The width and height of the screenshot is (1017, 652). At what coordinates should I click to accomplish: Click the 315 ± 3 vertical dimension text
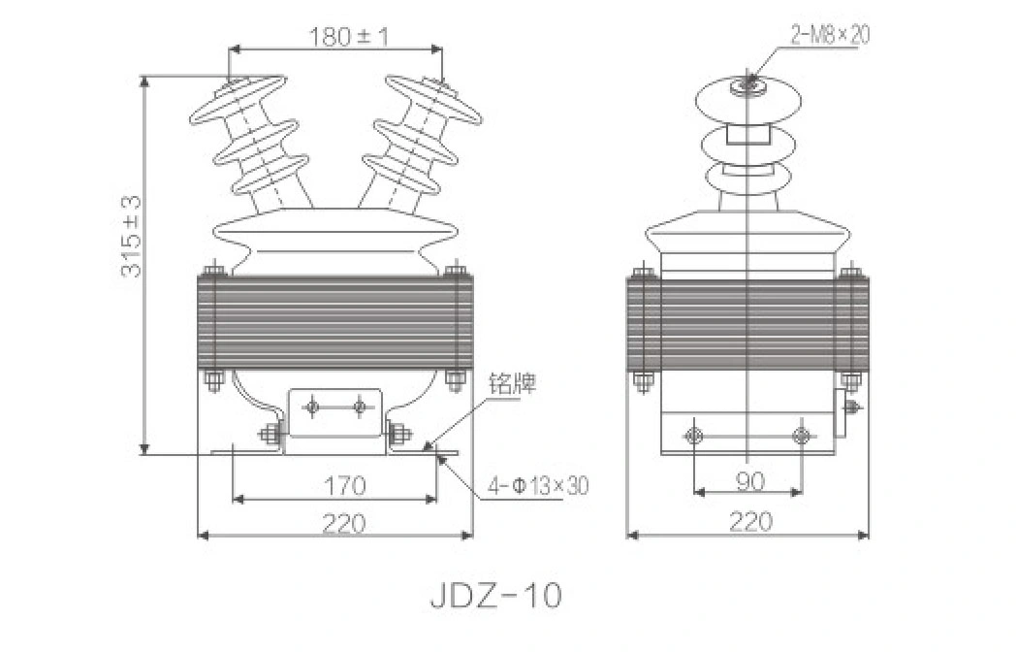(x=132, y=236)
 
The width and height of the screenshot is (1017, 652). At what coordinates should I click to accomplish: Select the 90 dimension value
(x=748, y=479)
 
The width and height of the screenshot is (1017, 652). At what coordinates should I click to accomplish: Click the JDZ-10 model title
(x=494, y=594)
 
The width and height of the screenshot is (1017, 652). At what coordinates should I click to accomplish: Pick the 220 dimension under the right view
(x=749, y=523)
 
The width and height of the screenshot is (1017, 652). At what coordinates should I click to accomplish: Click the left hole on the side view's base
(x=694, y=435)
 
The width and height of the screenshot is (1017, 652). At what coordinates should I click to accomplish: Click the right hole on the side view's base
(x=802, y=435)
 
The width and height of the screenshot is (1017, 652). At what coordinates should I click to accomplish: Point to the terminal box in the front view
(x=335, y=412)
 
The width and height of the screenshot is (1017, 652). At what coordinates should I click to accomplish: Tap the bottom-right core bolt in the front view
(x=456, y=379)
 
